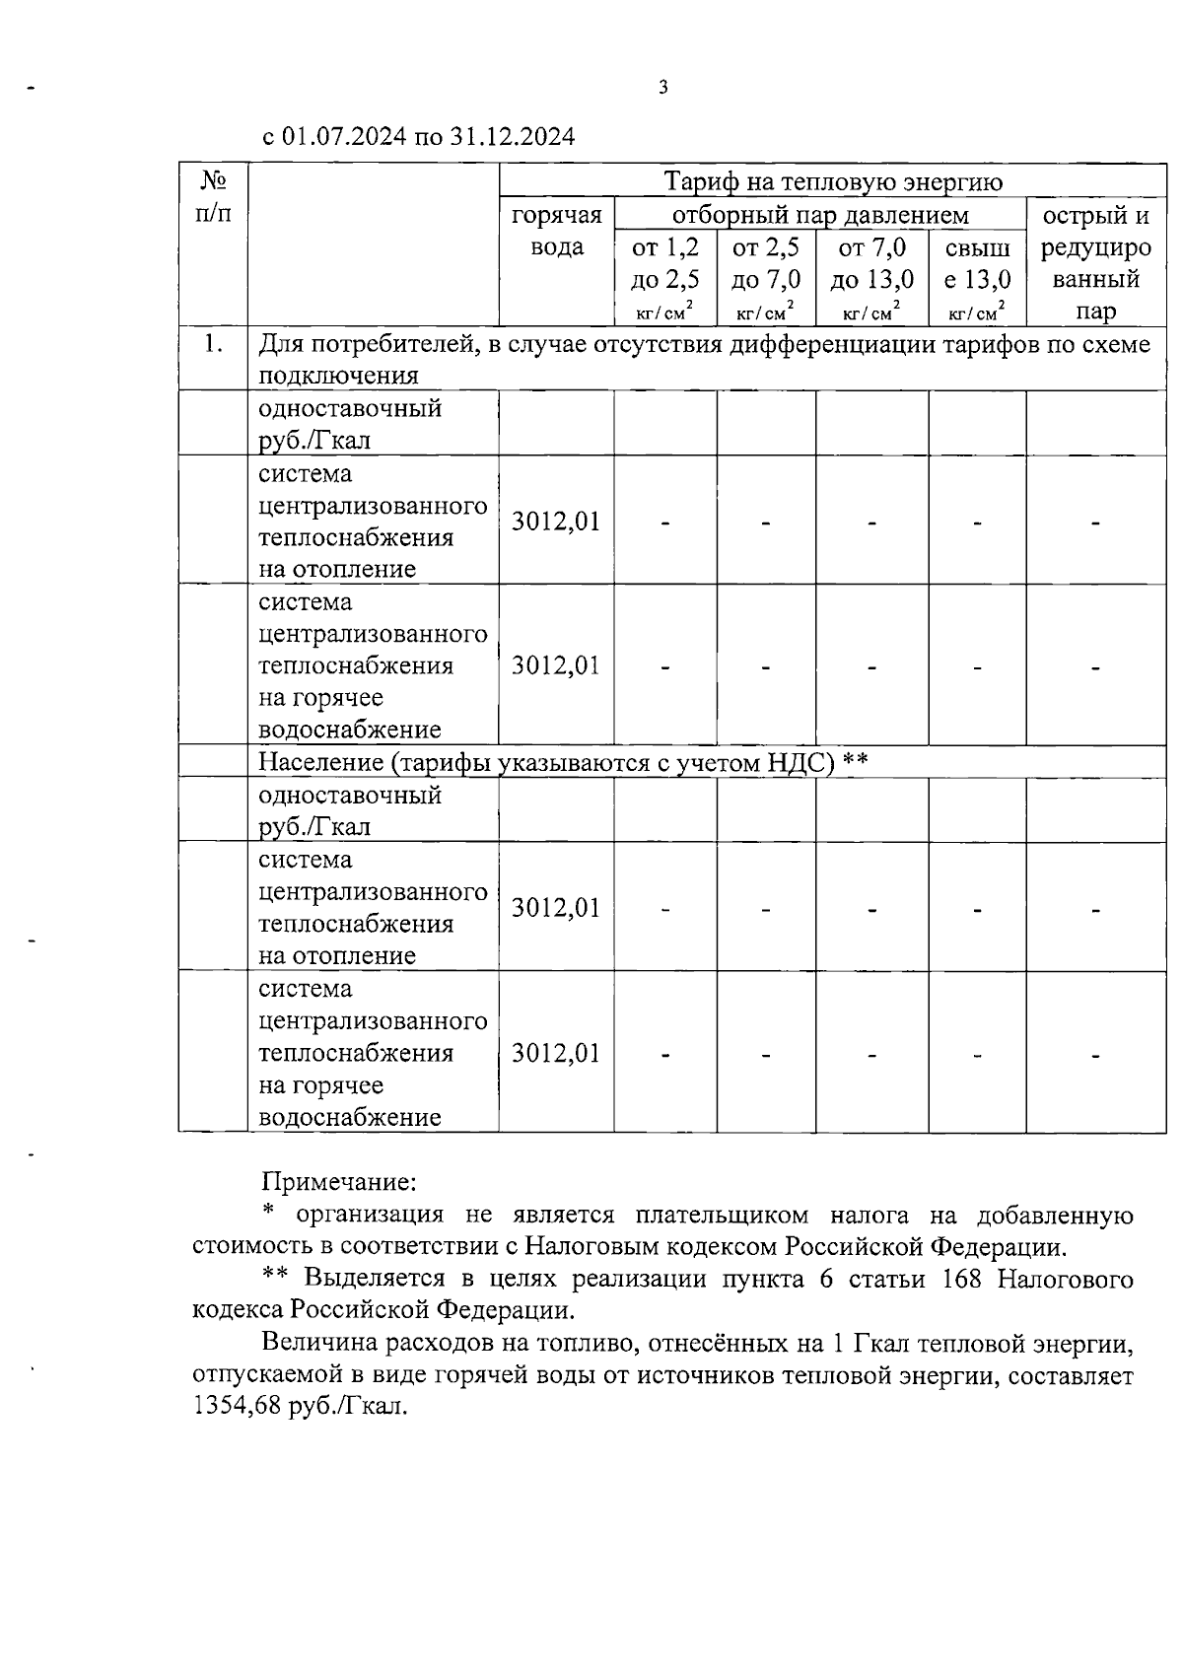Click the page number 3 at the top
[x=662, y=88]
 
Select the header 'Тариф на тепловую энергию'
[x=832, y=182]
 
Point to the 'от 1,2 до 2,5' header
[x=665, y=263]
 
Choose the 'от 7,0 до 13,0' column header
[x=871, y=263]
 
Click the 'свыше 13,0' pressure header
[x=977, y=263]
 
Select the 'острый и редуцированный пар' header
[x=1095, y=263]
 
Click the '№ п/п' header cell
[x=213, y=197]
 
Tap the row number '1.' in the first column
[x=213, y=344]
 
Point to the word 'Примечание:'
[x=339, y=1181]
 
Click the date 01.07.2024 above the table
[x=344, y=137]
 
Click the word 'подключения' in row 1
[x=338, y=376]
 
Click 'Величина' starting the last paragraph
[x=317, y=1343]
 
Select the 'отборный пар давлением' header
[x=820, y=215]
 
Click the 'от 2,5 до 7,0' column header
[x=766, y=263]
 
